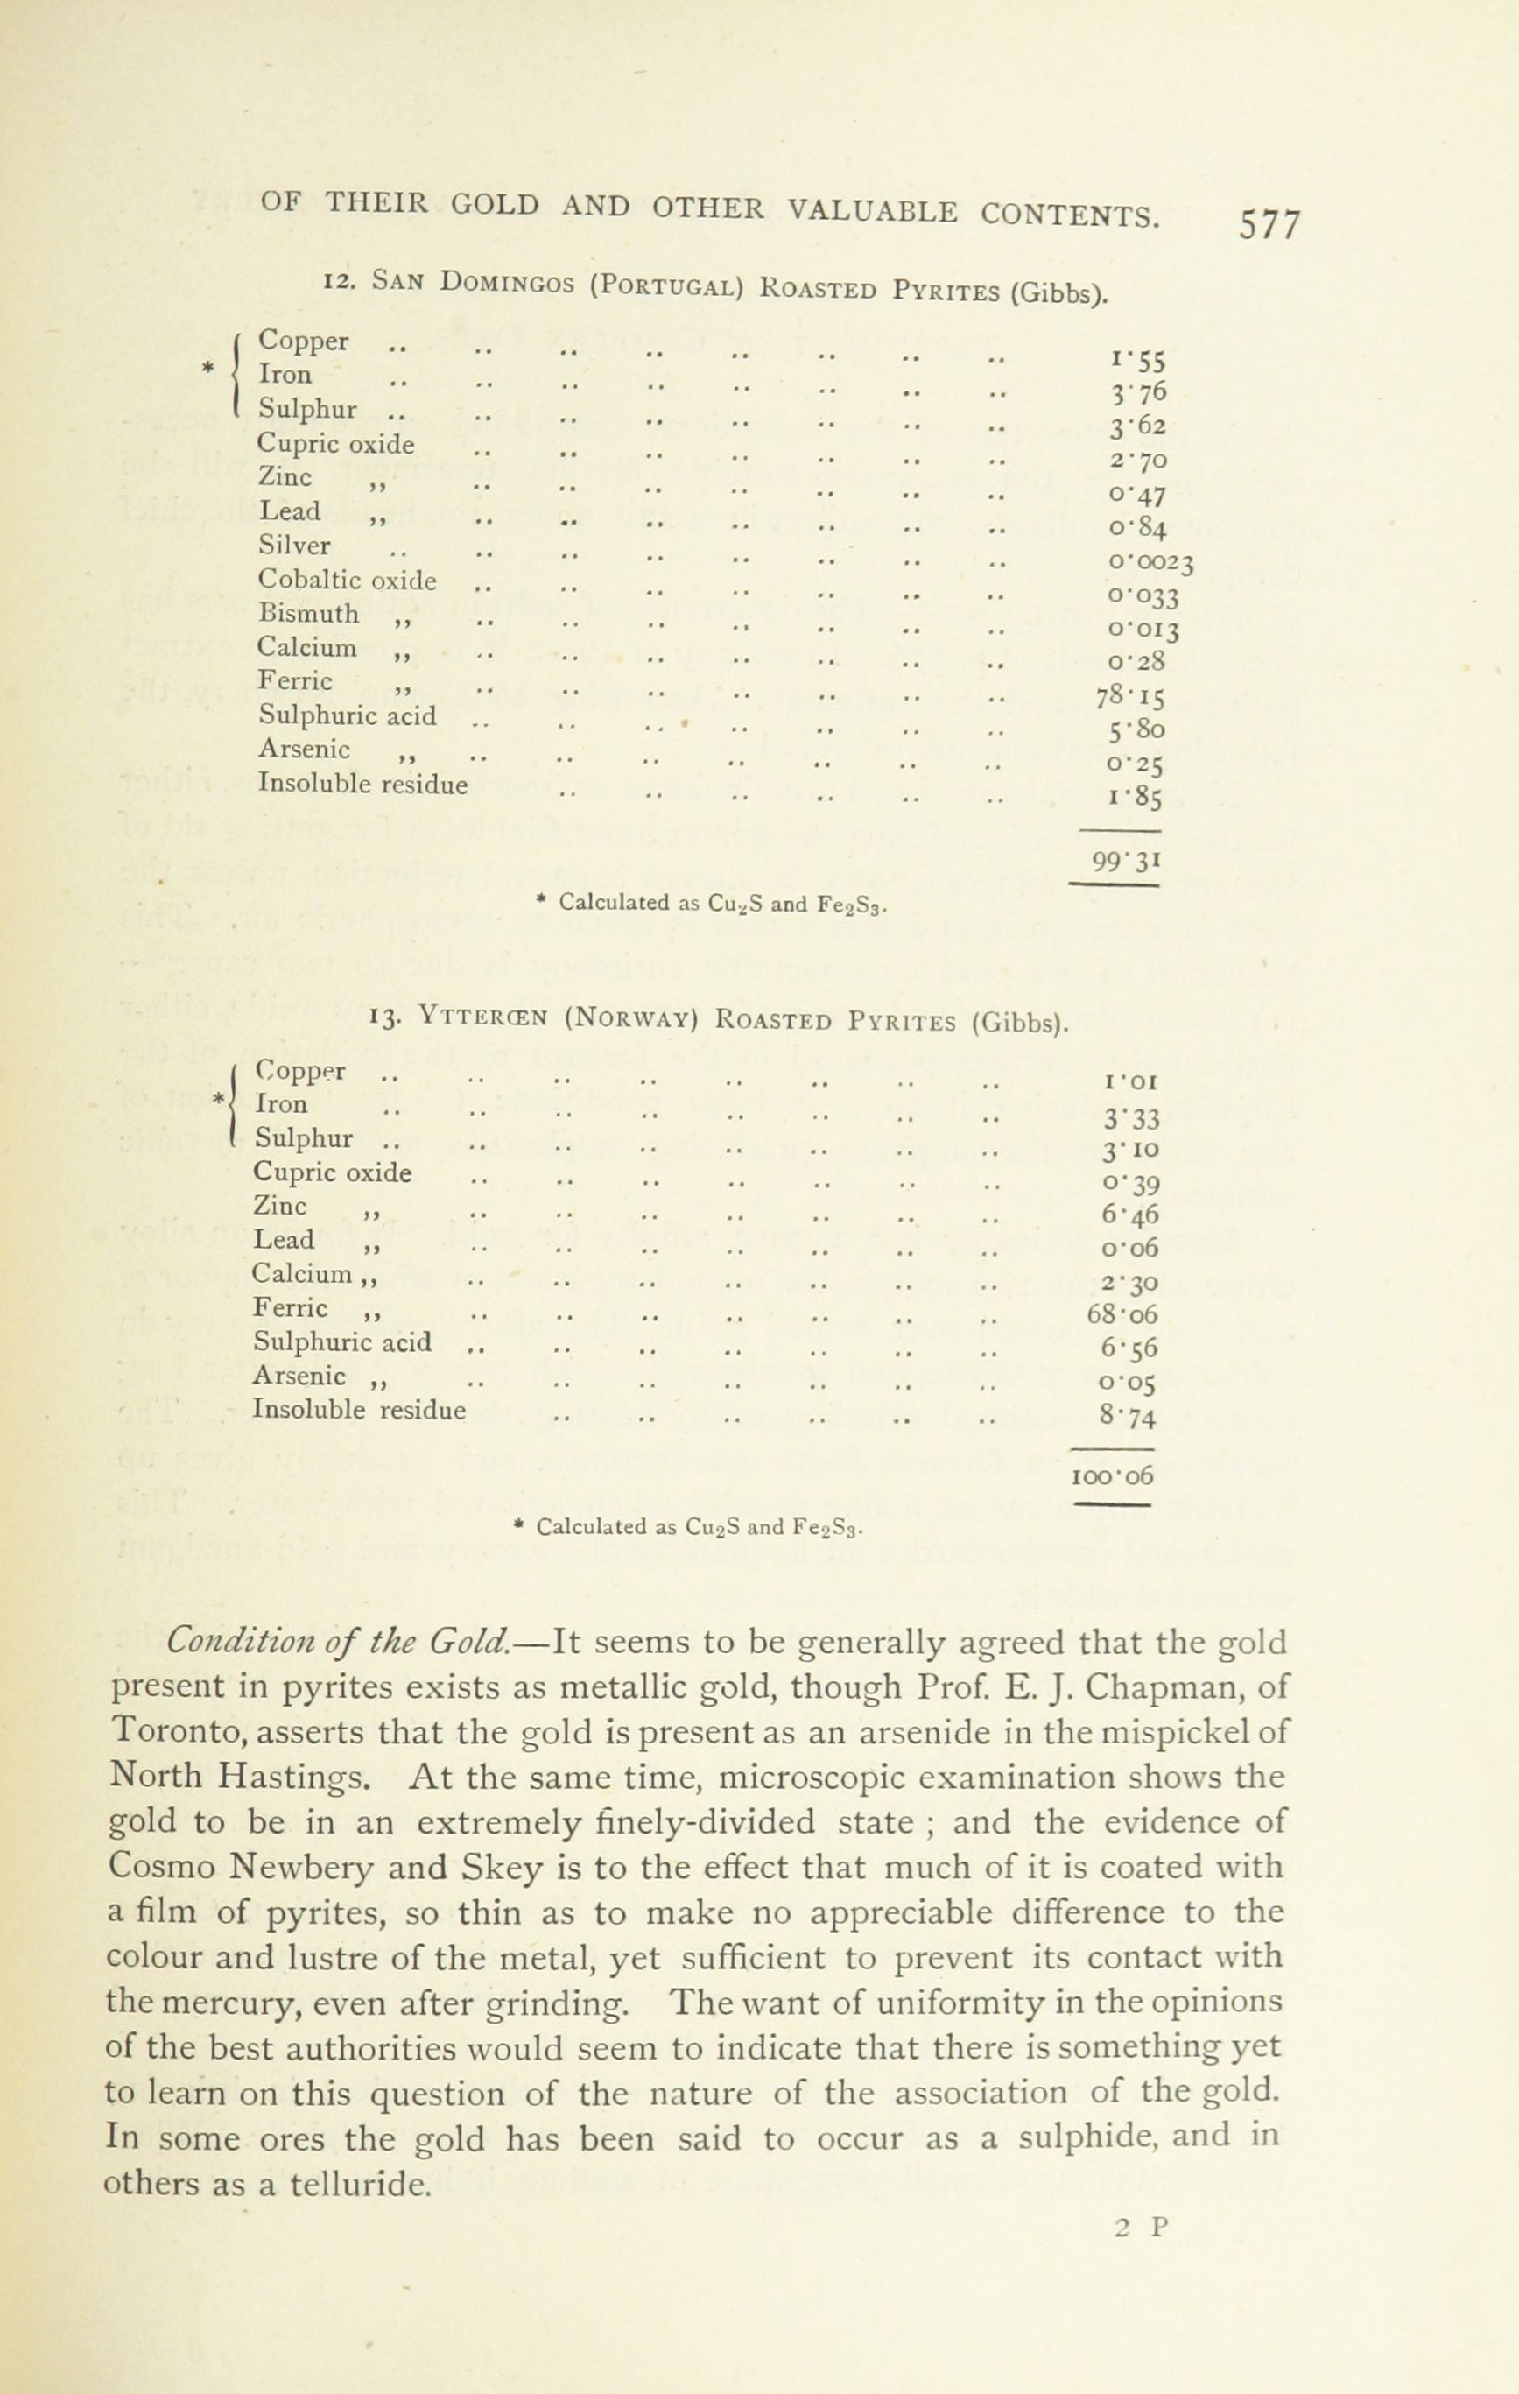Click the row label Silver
coord(294,546)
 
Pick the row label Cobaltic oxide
coord(347,580)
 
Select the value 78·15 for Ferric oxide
coord(1130,696)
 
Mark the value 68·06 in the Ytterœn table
coord(1122,1314)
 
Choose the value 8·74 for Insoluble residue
coord(1129,1415)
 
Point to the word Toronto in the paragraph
coord(174,1732)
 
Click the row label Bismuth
coord(308,614)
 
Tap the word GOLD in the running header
coord(495,206)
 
